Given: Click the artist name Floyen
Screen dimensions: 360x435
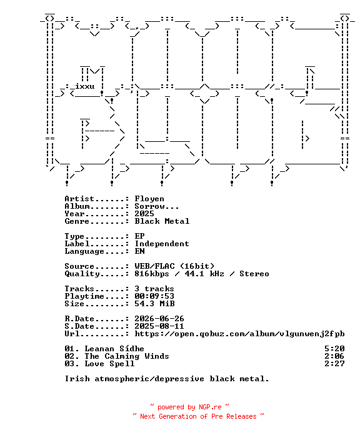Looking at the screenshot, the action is click(149, 199).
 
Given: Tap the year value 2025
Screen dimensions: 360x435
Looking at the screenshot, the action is click(144, 214).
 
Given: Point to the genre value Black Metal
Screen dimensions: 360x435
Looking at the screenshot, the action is click(162, 221).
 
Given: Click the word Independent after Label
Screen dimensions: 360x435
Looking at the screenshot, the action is click(162, 244).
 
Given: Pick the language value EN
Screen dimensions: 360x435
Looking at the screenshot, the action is click(139, 251).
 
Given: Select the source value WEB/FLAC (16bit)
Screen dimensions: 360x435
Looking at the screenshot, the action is click(174, 266).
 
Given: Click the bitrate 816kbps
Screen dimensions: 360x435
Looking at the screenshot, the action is click(152, 274).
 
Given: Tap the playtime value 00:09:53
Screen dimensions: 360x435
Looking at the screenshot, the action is click(154, 296).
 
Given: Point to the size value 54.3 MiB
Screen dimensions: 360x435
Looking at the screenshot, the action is click(154, 304).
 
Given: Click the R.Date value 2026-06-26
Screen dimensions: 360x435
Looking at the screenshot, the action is click(159, 319).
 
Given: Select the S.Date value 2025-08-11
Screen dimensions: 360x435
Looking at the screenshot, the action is click(159, 326).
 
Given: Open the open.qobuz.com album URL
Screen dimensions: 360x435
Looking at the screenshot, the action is click(239, 334).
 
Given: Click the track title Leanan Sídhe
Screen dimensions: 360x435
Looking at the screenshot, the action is click(114, 349).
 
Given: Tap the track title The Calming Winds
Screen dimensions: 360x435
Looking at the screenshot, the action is click(127, 356).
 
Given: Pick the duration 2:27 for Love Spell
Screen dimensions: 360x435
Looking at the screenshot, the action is click(335, 364).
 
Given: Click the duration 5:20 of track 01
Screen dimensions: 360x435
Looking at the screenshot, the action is click(335, 349).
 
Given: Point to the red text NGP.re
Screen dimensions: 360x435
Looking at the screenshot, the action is click(210, 407).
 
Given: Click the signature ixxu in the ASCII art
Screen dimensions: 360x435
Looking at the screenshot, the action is click(85, 86).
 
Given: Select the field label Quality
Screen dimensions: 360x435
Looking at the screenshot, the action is click(82, 274).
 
